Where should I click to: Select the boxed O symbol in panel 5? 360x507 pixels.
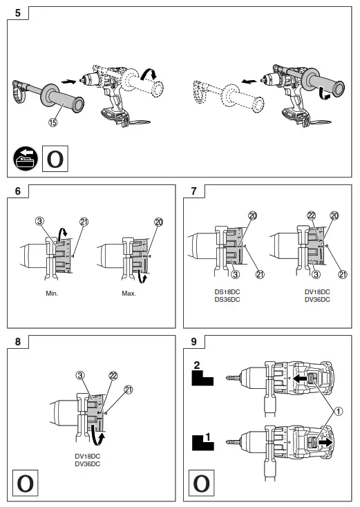pos(56,157)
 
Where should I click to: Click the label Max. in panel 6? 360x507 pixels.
pos(129,293)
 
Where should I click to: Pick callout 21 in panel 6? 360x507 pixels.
pos(85,221)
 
